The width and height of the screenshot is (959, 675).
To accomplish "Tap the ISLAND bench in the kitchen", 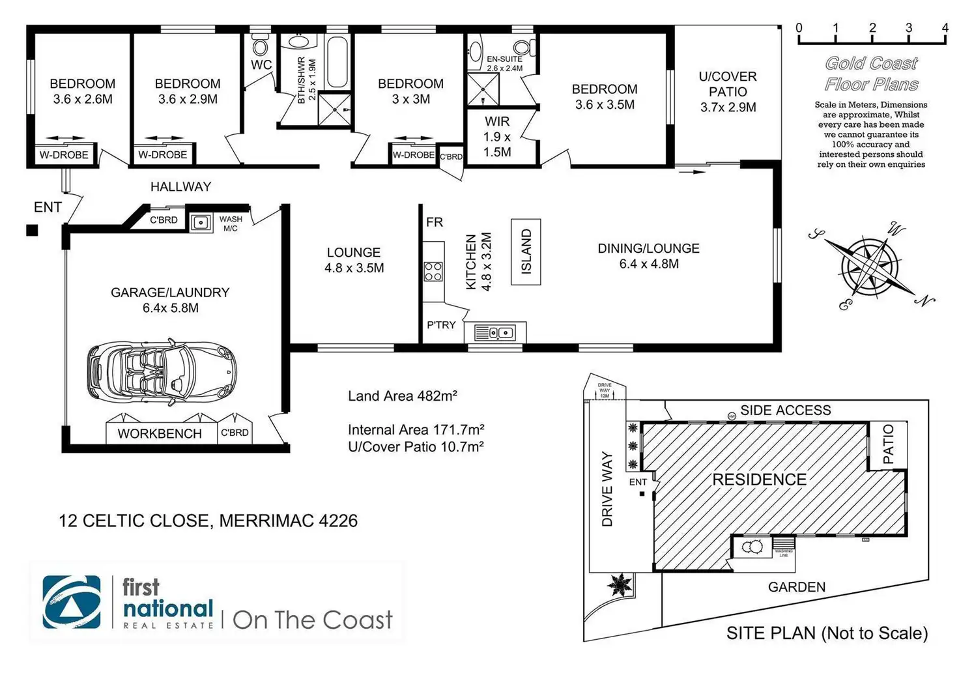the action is click(526, 252).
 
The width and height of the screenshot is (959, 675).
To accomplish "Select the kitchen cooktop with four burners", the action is click(433, 271).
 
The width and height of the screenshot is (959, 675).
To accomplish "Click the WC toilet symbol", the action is click(261, 47).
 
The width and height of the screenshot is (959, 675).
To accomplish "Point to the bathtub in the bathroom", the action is click(337, 63).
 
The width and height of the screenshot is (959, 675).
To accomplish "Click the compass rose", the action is click(871, 266).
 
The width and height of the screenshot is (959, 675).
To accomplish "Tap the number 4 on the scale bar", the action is click(945, 28).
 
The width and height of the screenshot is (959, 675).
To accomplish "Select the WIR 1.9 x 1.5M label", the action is click(497, 137).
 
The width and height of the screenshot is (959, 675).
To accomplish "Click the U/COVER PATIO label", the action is click(728, 92).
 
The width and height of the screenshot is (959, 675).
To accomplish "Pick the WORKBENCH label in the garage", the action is click(160, 434).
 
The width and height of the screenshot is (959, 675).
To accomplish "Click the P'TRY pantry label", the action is click(441, 325).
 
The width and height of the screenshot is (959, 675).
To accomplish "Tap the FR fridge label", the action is click(435, 222).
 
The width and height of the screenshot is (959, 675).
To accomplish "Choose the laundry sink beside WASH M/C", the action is click(201, 223).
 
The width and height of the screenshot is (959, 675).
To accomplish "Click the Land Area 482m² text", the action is click(402, 396).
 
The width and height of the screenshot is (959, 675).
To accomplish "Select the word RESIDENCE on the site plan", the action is click(759, 480).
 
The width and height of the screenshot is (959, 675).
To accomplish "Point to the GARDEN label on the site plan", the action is click(796, 587).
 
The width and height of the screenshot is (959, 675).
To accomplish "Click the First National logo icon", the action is click(72, 602).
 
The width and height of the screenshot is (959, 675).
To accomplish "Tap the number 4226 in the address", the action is click(338, 521).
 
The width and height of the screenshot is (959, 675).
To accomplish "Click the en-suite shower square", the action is click(483, 90).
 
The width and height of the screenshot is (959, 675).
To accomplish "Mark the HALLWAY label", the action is click(180, 187).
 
